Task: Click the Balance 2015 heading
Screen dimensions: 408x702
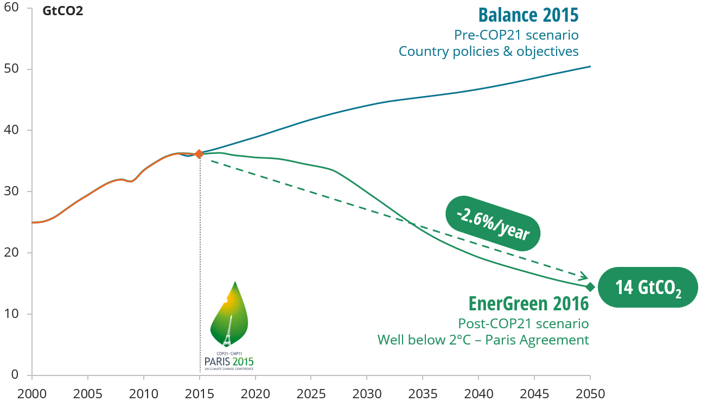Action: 528,15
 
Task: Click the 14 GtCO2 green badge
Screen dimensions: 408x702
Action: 648,288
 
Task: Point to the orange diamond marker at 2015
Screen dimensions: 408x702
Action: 199,154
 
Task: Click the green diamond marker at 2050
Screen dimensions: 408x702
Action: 590,287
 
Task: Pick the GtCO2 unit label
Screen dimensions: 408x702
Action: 63,11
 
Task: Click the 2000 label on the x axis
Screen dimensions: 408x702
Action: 32,393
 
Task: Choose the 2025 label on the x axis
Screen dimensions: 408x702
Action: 311,393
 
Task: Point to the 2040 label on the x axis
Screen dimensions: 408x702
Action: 478,393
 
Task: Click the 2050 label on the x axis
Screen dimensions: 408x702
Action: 590,393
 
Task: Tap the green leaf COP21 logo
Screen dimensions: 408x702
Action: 229,315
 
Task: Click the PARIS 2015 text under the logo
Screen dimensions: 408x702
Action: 229,361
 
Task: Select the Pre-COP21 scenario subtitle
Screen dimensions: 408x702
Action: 516,35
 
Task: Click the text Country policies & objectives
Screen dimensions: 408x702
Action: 488,52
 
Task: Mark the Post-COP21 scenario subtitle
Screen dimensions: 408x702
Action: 523,324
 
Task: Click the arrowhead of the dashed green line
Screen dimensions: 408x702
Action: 584,277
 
